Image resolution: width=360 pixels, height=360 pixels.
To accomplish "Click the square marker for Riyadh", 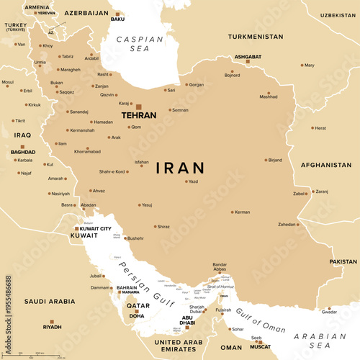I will coord(50,322).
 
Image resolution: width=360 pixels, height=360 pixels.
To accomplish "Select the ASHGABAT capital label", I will coord(246,55).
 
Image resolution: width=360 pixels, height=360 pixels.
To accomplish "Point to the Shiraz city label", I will coord(163,227).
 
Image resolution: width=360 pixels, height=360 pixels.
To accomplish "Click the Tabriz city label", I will coord(67,56).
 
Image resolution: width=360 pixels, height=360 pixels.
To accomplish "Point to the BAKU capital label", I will coord(118,19).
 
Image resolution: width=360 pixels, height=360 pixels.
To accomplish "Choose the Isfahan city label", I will coord(143,163).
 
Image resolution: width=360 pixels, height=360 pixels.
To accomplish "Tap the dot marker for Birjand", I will coord(265,160).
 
